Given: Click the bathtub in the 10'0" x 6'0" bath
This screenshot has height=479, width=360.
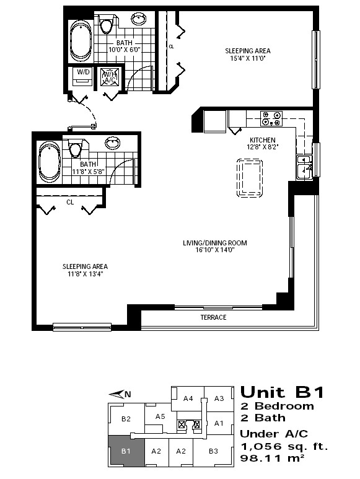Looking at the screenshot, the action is [81, 39].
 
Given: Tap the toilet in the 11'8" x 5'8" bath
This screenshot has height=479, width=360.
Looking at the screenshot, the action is [75, 147].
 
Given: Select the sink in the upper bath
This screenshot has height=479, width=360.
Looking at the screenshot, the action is [139, 19].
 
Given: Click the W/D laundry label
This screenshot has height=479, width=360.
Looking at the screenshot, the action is [84, 72].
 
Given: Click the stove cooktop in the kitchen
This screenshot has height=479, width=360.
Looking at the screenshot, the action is [271, 118].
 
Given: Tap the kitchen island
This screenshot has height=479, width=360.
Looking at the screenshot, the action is [250, 178].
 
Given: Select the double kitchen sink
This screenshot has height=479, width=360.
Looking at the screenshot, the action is [304, 168].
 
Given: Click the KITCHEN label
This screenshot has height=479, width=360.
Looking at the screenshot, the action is [263, 140].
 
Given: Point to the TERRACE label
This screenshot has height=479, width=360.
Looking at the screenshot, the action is [213, 317].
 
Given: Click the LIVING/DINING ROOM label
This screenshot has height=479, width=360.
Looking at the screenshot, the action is [215, 243].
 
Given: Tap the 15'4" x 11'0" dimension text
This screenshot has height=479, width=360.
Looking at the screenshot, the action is [248, 58].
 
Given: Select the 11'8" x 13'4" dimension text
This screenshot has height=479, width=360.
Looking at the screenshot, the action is [85, 274].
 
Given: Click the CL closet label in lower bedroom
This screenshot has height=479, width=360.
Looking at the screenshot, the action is [70, 202].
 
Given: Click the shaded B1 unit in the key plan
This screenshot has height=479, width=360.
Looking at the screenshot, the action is [126, 451].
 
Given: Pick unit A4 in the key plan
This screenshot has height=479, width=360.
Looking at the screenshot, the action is [188, 398].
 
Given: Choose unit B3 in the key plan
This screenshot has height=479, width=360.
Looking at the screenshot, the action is [213, 451].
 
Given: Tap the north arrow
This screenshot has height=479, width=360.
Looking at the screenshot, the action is [120, 394].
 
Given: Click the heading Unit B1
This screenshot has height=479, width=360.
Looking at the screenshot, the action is [282, 392].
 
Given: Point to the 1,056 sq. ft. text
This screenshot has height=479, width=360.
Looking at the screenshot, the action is [284, 447].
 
